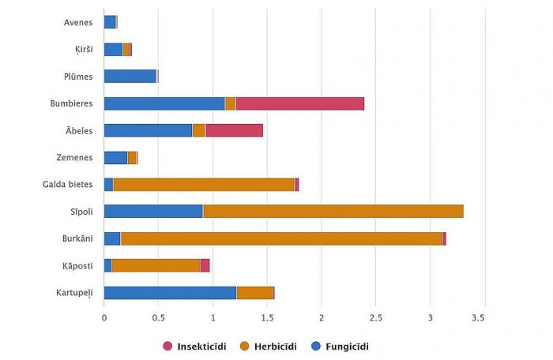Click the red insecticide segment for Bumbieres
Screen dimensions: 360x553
click(x=299, y=103)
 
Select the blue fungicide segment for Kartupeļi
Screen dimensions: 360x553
click(x=170, y=293)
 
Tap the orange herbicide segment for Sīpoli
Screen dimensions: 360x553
click(x=333, y=212)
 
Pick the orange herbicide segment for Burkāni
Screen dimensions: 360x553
click(x=281, y=238)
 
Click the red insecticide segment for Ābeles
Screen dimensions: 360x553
click(x=234, y=130)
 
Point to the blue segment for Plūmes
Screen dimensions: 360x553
click(x=130, y=77)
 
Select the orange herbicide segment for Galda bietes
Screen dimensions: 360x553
click(x=204, y=185)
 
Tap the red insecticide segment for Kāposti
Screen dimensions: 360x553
click(x=205, y=265)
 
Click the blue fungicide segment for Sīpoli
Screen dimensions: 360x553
click(x=153, y=212)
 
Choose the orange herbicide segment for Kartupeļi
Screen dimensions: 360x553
click(x=255, y=293)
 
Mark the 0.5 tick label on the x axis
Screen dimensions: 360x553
click(x=158, y=317)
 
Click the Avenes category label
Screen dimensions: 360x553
click(x=78, y=22)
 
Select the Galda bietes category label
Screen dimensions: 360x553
click(x=68, y=185)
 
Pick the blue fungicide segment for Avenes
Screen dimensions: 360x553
click(x=110, y=22)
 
